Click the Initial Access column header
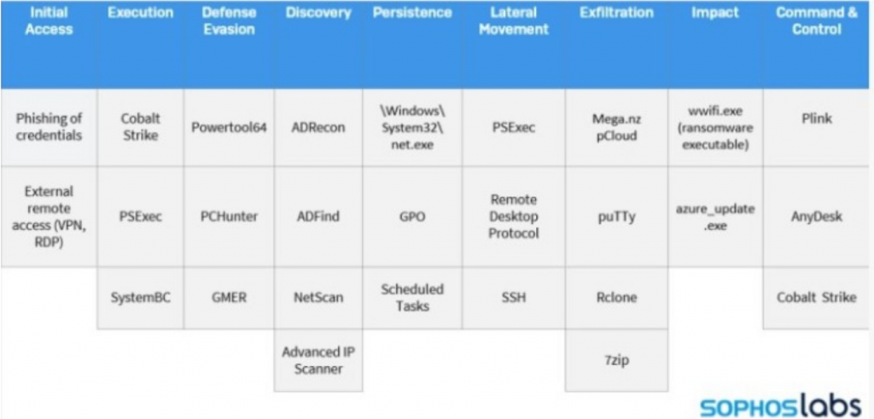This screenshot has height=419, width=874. coord(49,21)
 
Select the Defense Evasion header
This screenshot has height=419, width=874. coord(229,21)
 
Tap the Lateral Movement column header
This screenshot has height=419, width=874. coord(513,21)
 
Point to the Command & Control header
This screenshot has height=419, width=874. coord(817,21)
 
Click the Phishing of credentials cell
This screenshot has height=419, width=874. coord(49,127)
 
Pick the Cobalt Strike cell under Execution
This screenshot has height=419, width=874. coord(141,127)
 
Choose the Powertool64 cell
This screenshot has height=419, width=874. coord(229,127)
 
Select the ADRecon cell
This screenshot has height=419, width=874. coord(318,127)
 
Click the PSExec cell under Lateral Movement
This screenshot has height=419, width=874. coord(513,127)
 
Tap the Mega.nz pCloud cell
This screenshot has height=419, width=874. coord(616,127)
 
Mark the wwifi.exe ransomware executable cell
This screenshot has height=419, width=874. coord(715,127)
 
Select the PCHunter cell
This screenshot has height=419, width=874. coord(229,216)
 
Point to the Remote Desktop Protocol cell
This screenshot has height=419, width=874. coord(513,216)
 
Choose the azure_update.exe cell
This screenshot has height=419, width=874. coord(715,216)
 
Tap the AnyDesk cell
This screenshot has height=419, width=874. coord(817,216)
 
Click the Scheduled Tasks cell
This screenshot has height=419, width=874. coord(412,298)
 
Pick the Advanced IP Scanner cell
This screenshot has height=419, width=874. coord(318,360)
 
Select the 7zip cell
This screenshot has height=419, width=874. coord(616,360)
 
